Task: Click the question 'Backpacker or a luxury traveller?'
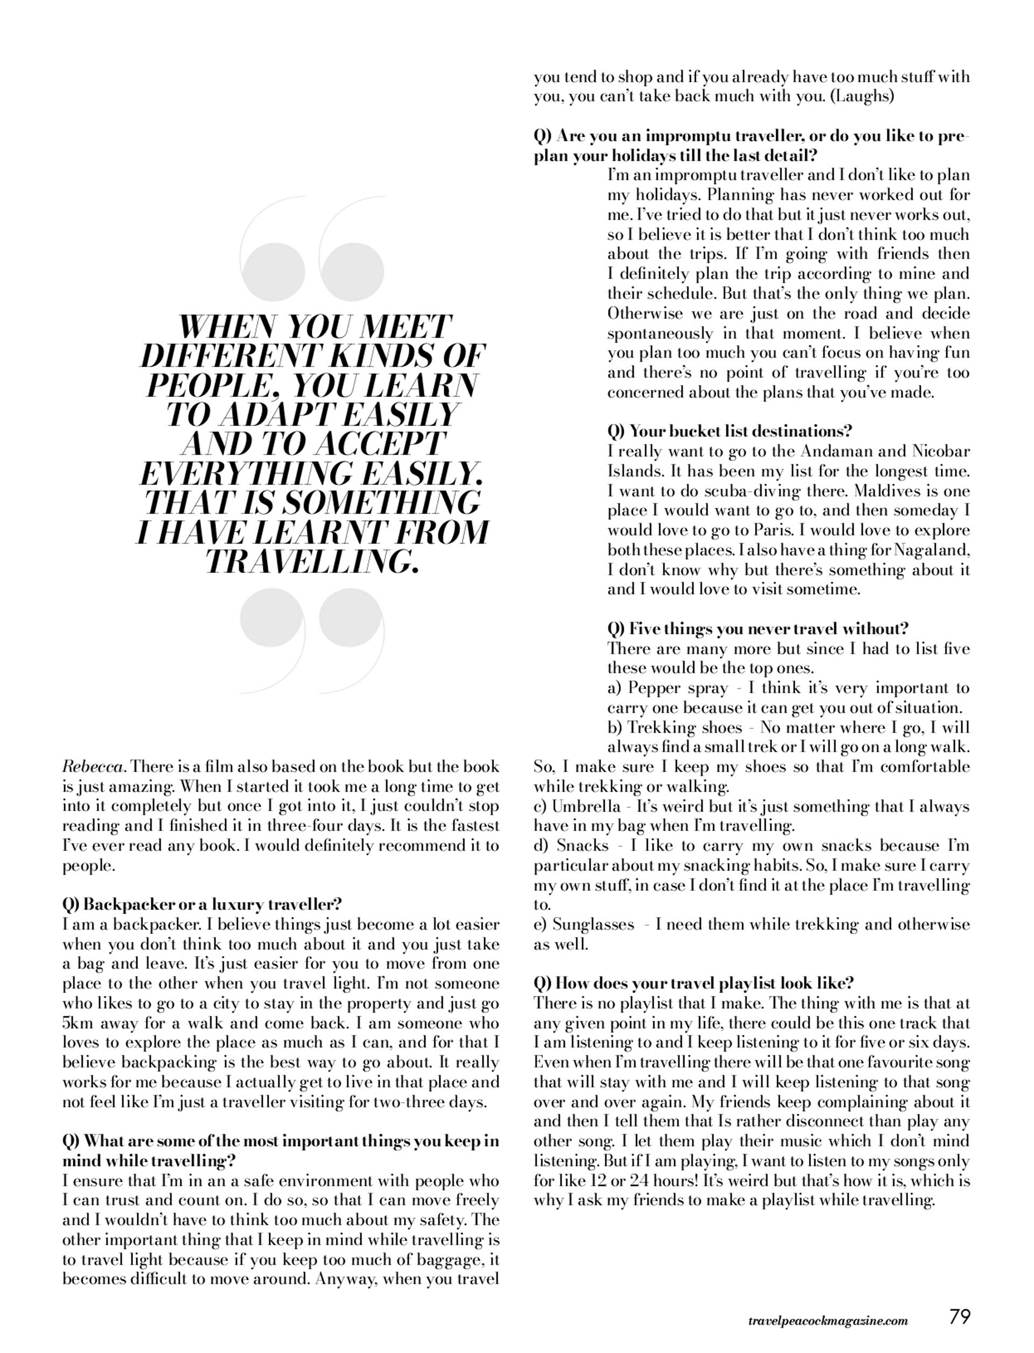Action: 202,905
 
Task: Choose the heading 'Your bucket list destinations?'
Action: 729,431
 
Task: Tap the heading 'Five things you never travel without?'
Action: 758,629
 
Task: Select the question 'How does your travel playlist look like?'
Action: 694,983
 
